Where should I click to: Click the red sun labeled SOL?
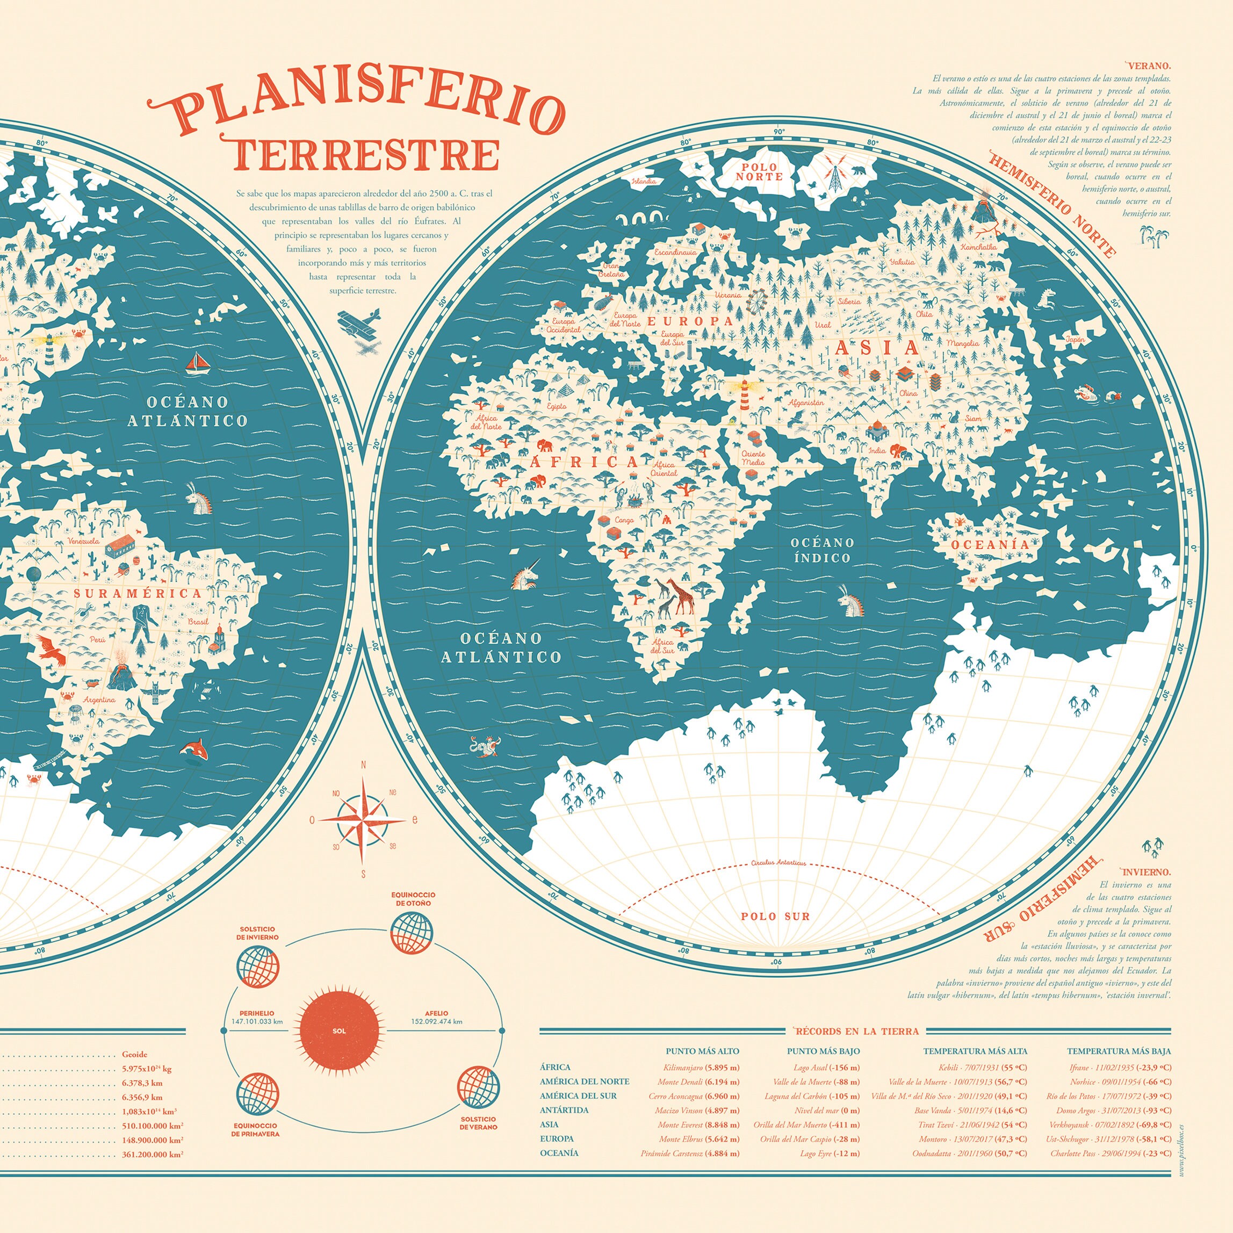pos(340,1030)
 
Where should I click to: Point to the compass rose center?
pos(363,820)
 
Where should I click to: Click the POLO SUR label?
pos(775,917)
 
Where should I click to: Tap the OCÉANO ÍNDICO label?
pos(822,550)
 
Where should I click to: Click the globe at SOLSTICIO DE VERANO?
pos(478,1087)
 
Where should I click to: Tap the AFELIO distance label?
pos(437,1017)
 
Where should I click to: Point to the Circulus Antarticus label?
pos(778,863)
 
